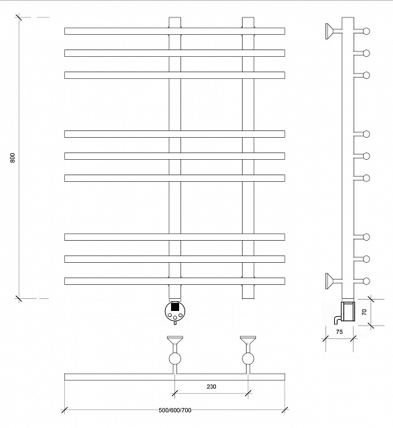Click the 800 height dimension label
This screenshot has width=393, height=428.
pyautogui.click(x=12, y=158)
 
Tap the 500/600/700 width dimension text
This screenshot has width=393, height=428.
pyautogui.click(x=175, y=410)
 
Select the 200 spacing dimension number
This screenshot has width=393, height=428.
pyautogui.click(x=211, y=387)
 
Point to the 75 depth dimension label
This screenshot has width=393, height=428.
pyautogui.click(x=340, y=332)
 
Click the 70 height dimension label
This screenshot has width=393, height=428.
pyautogui.click(x=364, y=312)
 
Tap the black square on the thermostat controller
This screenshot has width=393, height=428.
pyautogui.click(x=175, y=307)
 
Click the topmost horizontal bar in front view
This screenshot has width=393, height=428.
pyautogui.click(x=174, y=31)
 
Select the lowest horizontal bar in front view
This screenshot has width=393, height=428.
pyautogui.click(x=174, y=281)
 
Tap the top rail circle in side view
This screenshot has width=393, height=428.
pyautogui.click(x=366, y=31)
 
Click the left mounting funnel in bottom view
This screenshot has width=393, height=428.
pyautogui.click(x=175, y=340)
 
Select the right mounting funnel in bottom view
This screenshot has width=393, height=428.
pyautogui.click(x=248, y=340)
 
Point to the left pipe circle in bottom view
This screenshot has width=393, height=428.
pyautogui.click(x=175, y=358)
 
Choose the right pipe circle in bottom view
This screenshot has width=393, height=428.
pyautogui.click(x=248, y=358)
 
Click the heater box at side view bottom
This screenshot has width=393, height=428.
pyautogui.click(x=348, y=311)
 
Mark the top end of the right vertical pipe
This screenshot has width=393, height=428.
pyautogui.click(x=248, y=18)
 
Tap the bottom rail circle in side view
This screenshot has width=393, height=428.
pyautogui.click(x=366, y=281)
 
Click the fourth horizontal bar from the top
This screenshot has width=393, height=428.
pyautogui.click(x=174, y=134)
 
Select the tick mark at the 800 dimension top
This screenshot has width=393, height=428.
pyautogui.click(x=19, y=17)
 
